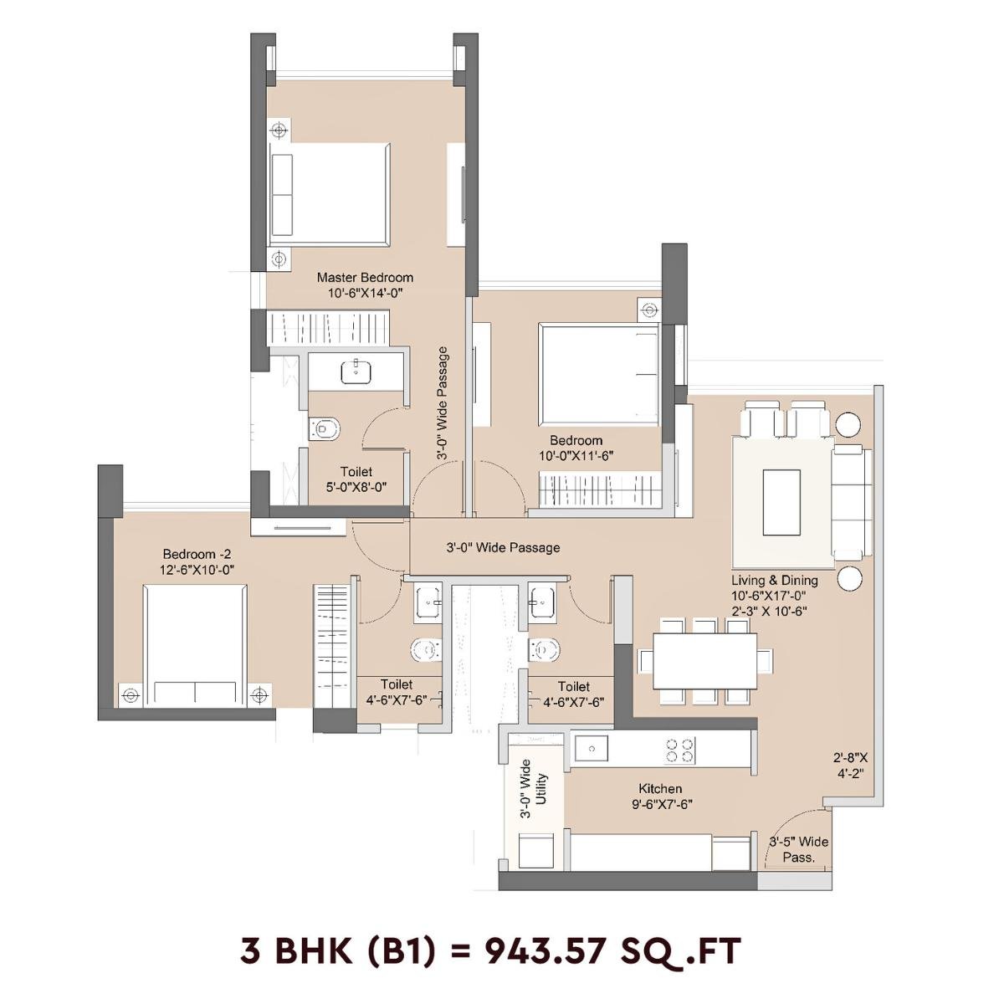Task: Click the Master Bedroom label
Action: coord(364,277)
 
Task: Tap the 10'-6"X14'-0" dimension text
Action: coord(364,293)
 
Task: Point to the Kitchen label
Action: coord(660,788)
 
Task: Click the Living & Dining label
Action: coord(775,580)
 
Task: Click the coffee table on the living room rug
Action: coord(781,501)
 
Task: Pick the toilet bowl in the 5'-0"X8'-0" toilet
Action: coord(325,428)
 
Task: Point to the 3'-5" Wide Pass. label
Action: coord(798,849)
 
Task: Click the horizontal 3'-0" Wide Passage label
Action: coord(502,548)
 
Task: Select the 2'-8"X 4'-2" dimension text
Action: coord(850,766)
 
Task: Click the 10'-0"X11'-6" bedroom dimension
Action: coord(576,456)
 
